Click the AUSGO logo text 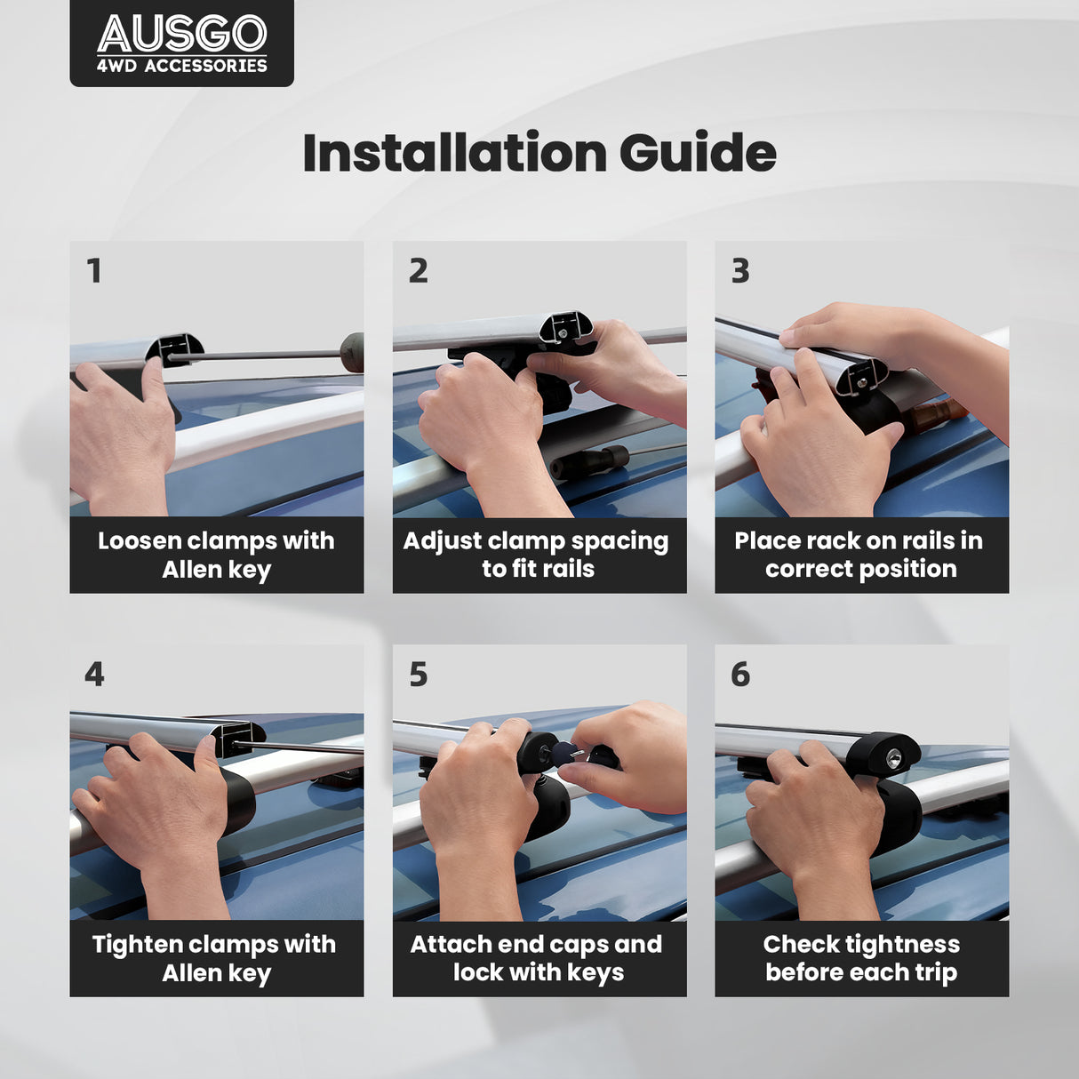182,34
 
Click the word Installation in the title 455,152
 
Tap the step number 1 94,271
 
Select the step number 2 419,271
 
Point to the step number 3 740,271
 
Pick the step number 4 94,675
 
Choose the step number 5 419,675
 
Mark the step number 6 740,675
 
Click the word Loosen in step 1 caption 140,541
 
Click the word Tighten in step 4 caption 138,945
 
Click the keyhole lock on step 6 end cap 891,759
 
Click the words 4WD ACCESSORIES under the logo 182,66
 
